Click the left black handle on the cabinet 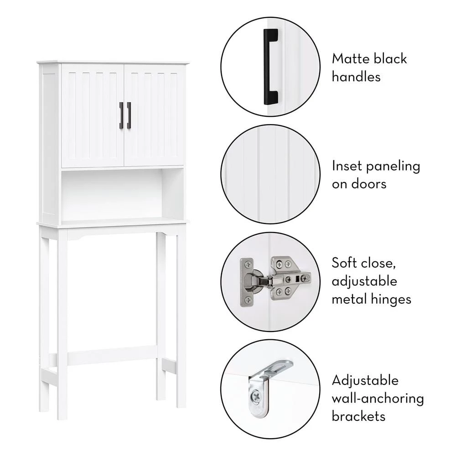pyautogui.click(x=121, y=115)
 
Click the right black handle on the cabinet pyautogui.click(x=129, y=115)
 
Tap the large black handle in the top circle pyautogui.click(x=270, y=67)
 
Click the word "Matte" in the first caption pyautogui.click(x=350, y=59)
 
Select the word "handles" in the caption pyautogui.click(x=356, y=77)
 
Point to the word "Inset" pyautogui.click(x=347, y=166)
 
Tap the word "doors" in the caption pyautogui.click(x=369, y=184)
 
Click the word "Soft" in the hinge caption pyautogui.click(x=344, y=263)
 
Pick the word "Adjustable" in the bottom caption pyautogui.click(x=365, y=380)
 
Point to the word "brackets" pyautogui.click(x=358, y=416)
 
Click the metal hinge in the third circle pyautogui.click(x=275, y=281)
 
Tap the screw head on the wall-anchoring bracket pyautogui.click(x=256, y=396)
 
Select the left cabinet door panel pyautogui.click(x=93, y=116)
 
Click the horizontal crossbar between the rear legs pyautogui.click(x=112, y=355)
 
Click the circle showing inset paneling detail pyautogui.click(x=270, y=174)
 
